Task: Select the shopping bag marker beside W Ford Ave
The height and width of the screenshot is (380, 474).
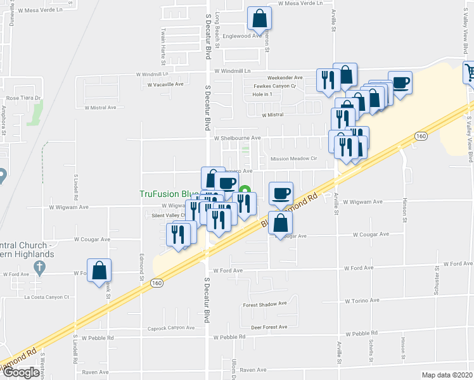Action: (x=99, y=271)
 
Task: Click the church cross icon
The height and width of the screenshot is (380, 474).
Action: (x=39, y=268)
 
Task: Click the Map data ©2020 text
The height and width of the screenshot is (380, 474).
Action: (x=447, y=375)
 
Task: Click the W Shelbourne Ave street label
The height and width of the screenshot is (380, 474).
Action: (x=238, y=137)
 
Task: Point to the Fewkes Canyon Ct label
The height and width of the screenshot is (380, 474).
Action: (x=275, y=86)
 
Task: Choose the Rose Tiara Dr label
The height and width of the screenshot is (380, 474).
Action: (x=23, y=98)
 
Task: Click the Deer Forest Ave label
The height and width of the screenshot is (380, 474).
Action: (x=269, y=327)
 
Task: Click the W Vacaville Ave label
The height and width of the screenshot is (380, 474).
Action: (x=163, y=84)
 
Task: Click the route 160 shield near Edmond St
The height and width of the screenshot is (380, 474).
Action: (x=157, y=283)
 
